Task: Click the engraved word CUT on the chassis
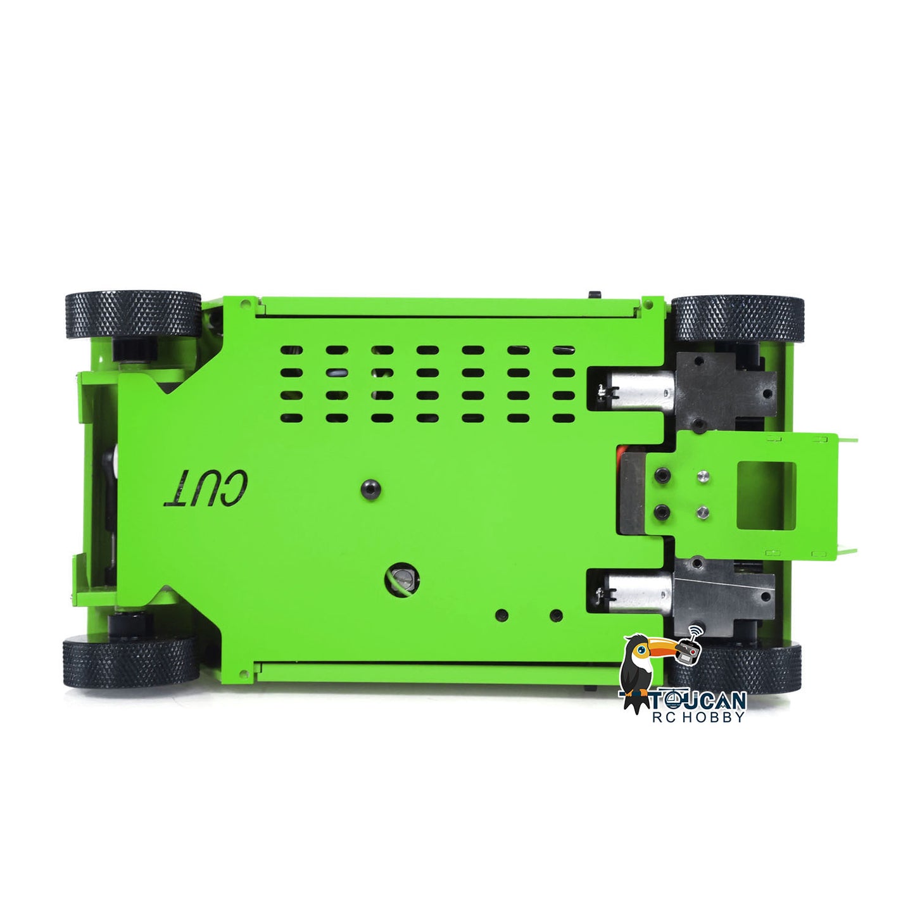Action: click(205, 488)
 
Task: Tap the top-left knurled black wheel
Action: click(133, 315)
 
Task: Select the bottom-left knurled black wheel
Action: click(131, 662)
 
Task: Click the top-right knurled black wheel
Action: click(738, 318)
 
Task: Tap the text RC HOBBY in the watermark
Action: click(698, 717)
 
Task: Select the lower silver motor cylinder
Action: click(637, 593)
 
